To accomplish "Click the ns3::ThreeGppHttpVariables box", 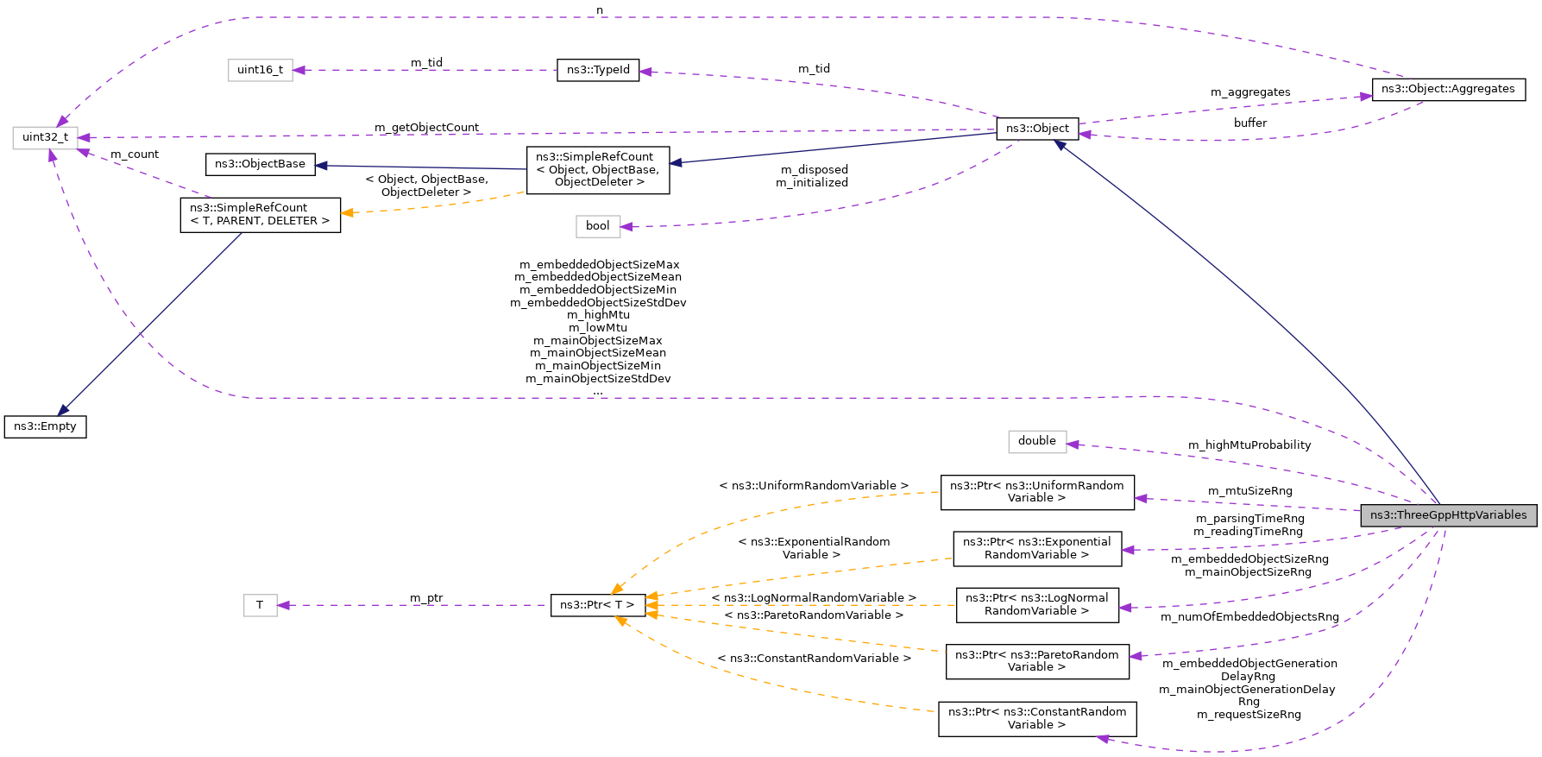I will tap(1448, 515).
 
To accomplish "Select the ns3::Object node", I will tap(1037, 129).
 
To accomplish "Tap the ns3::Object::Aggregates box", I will tap(1448, 89).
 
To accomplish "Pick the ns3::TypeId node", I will tap(598, 70).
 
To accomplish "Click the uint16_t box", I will tap(260, 70).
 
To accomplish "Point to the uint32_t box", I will tap(45, 137).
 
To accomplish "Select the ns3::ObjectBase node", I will tap(260, 164).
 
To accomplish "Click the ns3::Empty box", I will tap(45, 426).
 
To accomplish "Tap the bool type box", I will tap(597, 226).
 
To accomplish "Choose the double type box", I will tap(1036, 441).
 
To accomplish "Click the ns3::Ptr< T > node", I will tap(597, 605).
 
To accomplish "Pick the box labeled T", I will tap(260, 605).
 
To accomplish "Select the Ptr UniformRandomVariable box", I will tap(1036, 492).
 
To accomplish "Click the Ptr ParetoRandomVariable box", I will tap(1036, 661).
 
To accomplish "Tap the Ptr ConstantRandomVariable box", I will tap(1036, 718).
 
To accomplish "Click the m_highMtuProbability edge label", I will tap(1249, 445).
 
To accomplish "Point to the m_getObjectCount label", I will tap(426, 128).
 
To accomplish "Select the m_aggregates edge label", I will tap(1249, 92).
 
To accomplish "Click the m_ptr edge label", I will tap(426, 598).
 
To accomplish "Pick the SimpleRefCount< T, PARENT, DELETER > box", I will tap(260, 214).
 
